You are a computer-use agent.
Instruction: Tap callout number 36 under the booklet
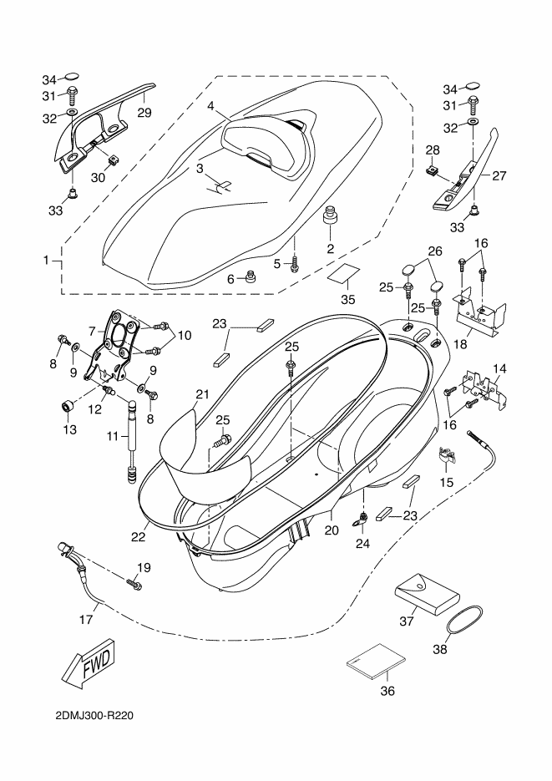click(387, 691)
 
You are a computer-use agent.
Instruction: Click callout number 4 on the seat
click(211, 106)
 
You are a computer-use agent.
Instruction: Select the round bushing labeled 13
click(68, 406)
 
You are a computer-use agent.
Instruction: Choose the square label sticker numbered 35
click(344, 273)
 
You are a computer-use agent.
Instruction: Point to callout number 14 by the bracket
click(499, 368)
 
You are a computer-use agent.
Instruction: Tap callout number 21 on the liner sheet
click(200, 394)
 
